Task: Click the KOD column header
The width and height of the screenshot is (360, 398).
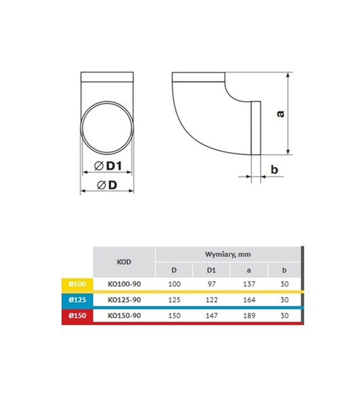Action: [124, 262]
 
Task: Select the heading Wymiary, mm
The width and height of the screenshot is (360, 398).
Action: [228, 255]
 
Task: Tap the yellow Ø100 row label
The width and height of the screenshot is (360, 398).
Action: [77, 284]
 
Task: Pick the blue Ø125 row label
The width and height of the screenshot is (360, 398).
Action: [77, 300]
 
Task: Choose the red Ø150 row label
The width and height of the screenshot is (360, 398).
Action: [77, 316]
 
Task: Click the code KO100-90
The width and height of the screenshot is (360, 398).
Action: [124, 284]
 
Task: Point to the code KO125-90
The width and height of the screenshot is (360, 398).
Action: [124, 300]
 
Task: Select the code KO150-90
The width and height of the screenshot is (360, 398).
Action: [124, 316]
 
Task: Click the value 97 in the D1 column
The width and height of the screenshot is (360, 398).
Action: [212, 284]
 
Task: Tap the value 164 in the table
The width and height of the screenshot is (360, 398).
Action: [249, 300]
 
